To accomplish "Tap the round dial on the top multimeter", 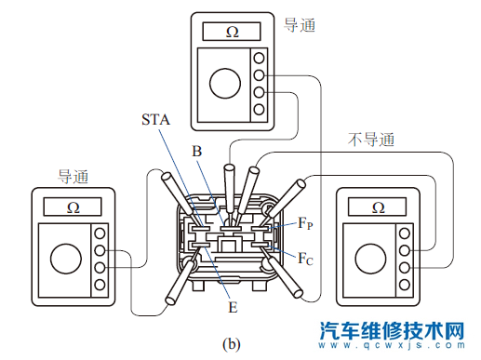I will pyautogui.click(x=224, y=83).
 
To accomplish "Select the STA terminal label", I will pyautogui.click(x=155, y=119).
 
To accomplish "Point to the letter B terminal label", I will pyautogui.click(x=196, y=151).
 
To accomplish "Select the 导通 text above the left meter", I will pyautogui.click(x=75, y=174).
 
